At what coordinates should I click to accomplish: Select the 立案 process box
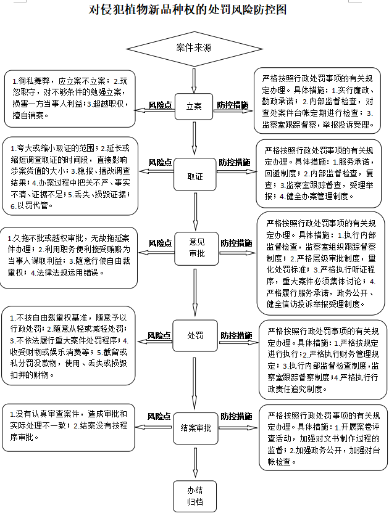194,105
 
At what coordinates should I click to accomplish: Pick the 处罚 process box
194,335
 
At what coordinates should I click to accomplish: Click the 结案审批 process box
194,427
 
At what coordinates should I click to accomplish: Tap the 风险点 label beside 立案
160,105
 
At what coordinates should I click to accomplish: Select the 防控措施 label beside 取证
233,162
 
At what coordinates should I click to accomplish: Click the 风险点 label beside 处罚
158,335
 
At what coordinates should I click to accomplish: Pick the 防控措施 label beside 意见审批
236,243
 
